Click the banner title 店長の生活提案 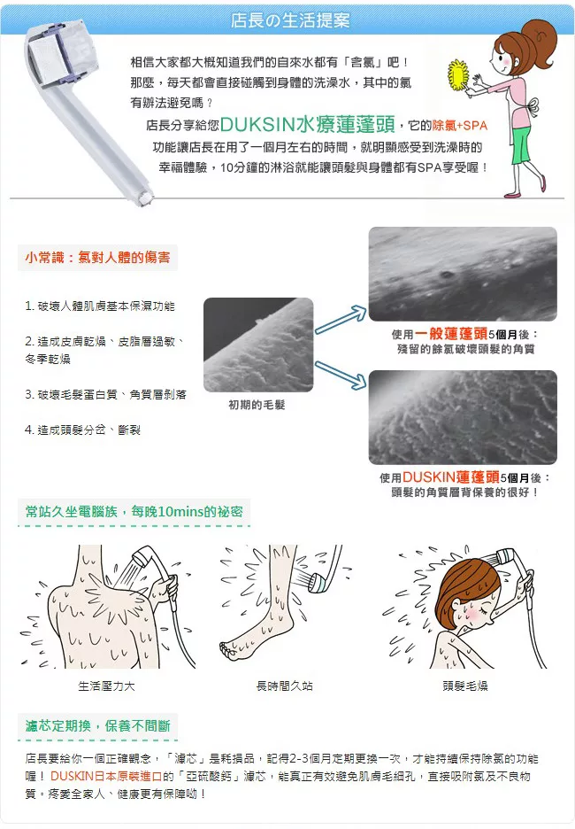point(290,20)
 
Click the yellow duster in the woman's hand point(458,75)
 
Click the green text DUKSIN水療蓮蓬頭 point(307,124)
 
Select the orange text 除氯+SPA point(459,126)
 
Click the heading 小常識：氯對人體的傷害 point(97,258)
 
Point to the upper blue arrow point(341,319)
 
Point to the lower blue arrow point(341,375)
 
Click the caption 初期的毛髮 point(257,405)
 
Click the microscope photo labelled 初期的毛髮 point(258,345)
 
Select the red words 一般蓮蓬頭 point(451,334)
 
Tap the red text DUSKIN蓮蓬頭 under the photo point(451,476)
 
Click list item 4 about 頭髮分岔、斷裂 point(82,430)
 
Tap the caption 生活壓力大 point(107,686)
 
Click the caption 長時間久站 point(284,686)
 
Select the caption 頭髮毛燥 point(465,686)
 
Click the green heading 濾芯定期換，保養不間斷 point(97,726)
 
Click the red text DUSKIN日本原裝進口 point(106,776)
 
